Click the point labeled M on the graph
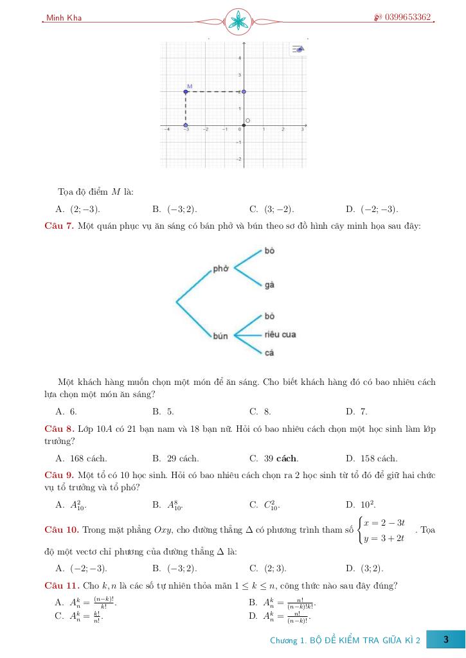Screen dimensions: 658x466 click(186, 92)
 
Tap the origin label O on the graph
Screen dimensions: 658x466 click(248, 121)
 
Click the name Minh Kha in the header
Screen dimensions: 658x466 click(64, 18)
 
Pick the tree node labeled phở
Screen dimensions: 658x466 click(220, 269)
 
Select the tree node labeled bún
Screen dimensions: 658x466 click(220, 336)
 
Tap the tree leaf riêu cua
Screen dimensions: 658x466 click(280, 335)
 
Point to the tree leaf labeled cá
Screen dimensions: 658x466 click(269, 353)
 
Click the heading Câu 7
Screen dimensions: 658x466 click(59, 226)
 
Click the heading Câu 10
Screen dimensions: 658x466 click(62, 530)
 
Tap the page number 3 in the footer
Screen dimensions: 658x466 click(445, 640)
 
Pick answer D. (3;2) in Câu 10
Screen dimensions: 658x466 click(364, 568)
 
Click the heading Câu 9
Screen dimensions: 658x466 click(59, 475)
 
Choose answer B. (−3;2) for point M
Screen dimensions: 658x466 click(175, 209)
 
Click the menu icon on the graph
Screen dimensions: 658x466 click(298, 49)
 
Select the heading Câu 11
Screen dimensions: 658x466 click(62, 585)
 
